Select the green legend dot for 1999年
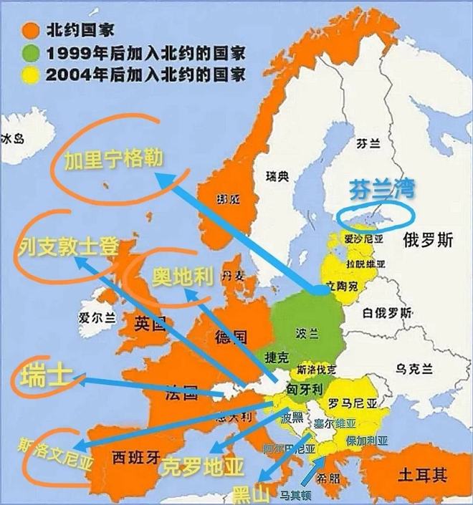[29, 52]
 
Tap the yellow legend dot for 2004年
[29, 72]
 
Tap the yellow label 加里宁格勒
[113, 160]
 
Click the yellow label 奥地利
[183, 276]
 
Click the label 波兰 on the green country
[307, 334]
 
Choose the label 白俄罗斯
[387, 313]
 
